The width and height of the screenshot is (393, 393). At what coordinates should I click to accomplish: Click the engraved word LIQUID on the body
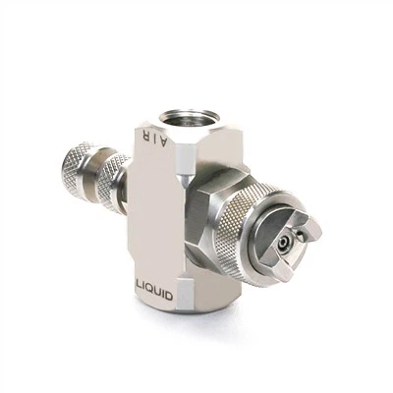coord(154,289)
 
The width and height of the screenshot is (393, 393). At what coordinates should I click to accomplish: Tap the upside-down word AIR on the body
coord(154,137)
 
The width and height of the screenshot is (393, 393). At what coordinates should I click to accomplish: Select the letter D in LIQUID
coord(168,296)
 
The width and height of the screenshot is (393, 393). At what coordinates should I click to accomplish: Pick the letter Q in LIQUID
coord(152,288)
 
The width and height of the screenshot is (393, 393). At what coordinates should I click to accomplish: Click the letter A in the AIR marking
coord(164,140)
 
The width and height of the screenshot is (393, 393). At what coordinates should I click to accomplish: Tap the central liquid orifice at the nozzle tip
coord(282,243)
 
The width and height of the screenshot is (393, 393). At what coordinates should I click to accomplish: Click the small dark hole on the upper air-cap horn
coord(301,233)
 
